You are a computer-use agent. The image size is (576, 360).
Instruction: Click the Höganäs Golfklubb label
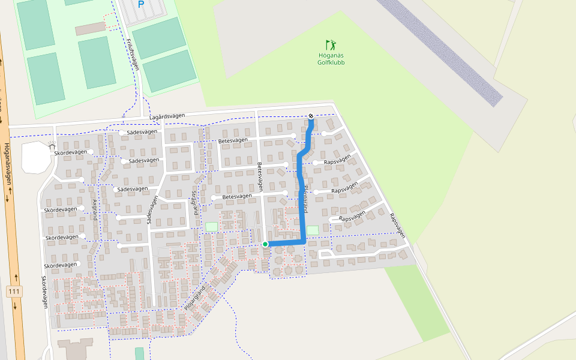click(331, 59)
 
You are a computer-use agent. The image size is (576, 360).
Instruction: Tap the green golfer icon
click(331, 45)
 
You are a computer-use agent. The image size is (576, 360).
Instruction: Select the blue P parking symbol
click(141, 5)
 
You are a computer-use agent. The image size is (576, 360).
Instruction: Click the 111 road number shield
click(14, 291)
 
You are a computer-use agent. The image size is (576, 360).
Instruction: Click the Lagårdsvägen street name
click(168, 116)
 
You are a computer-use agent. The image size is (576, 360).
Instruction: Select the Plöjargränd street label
click(194, 299)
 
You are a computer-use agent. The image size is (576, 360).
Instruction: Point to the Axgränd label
click(95, 210)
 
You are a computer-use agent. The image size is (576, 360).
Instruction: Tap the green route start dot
click(265, 244)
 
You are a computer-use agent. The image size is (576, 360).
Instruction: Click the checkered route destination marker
click(311, 116)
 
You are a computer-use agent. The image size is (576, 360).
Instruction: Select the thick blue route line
click(301, 198)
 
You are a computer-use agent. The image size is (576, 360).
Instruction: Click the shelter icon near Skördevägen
click(52, 146)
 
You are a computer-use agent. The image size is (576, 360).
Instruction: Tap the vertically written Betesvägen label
click(260, 177)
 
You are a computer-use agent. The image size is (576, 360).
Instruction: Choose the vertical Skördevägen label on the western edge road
click(44, 292)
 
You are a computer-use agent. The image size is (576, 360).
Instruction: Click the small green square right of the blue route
click(313, 230)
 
